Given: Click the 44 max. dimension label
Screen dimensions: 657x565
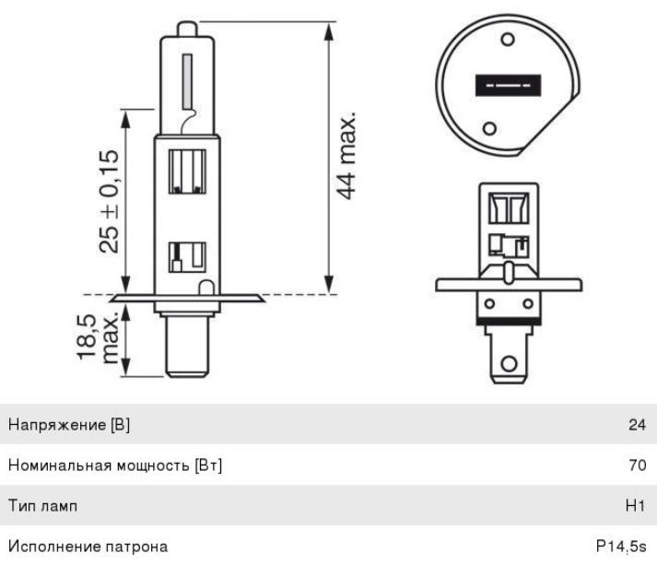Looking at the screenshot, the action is pos(347,156).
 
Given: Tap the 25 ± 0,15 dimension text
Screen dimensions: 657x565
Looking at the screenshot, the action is pos(110,201).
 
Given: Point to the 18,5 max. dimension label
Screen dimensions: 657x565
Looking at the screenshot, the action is pos(98,338).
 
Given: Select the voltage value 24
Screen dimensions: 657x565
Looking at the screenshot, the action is pos(637,425).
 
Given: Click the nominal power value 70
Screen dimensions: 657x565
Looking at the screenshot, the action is pos(638,465).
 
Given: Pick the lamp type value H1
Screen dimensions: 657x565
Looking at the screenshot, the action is pos(635,505).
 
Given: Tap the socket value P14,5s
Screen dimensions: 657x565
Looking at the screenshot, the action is pos(621,547).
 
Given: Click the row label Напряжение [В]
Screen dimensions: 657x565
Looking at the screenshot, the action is pos(69,425).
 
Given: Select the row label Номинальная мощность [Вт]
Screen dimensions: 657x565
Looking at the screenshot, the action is pos(115,465).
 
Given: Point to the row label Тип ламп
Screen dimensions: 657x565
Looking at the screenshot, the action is pos(42,506).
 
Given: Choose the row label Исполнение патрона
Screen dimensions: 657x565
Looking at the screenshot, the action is pos(88,547).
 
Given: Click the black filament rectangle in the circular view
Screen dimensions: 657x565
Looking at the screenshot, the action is pos(508,85).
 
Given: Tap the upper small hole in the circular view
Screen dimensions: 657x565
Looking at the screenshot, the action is pos(508,40).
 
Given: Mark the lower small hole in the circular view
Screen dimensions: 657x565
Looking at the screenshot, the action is pos(489,128).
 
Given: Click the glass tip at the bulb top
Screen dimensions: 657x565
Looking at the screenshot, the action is pos(187,29).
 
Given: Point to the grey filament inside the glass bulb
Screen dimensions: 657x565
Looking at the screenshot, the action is pos(187,81).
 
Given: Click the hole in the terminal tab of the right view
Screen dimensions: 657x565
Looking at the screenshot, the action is pos(509,363).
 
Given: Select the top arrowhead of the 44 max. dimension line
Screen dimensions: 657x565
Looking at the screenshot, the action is pos(329,31).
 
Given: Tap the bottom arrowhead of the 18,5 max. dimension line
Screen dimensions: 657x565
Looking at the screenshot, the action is pos(125,368).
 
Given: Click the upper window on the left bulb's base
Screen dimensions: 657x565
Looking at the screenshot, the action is pos(187,171).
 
